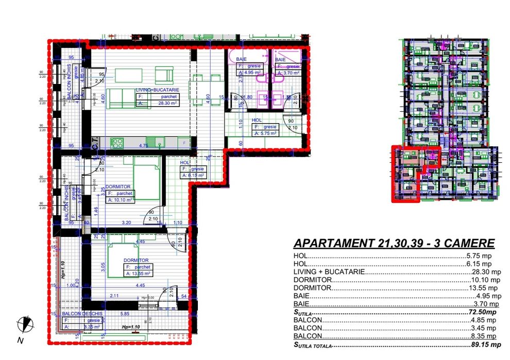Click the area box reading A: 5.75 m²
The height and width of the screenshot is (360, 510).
pos(265,133)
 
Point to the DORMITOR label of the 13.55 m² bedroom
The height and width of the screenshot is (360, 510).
pos(136,261)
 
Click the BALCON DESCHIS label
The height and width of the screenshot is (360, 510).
pos(82,314)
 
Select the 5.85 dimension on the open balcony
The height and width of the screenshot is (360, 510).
pos(125,314)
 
